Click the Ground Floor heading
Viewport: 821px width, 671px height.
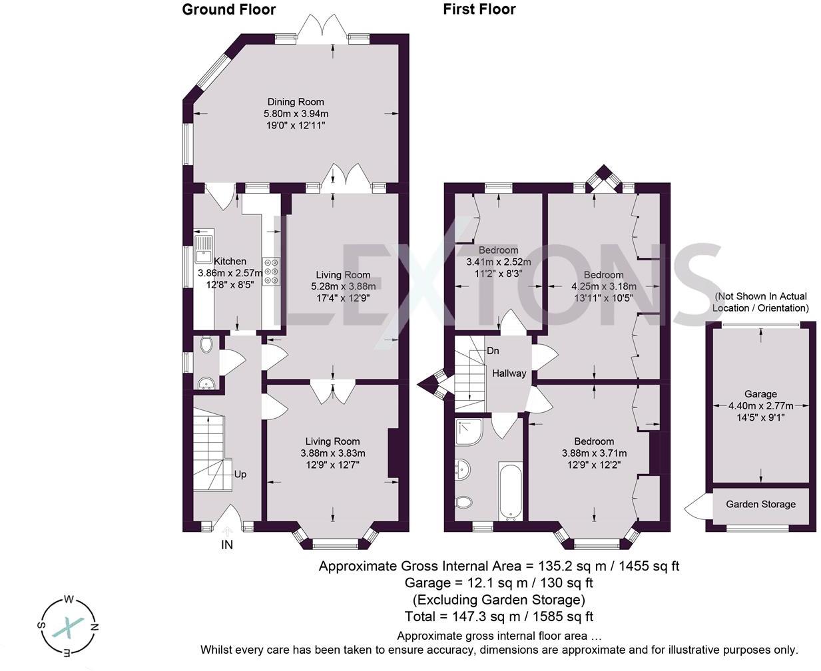229,9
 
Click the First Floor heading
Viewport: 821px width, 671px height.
479,9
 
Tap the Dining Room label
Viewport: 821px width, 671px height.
296,102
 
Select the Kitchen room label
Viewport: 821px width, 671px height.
230,261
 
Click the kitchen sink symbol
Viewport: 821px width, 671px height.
204,249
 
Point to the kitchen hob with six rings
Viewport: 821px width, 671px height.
271,271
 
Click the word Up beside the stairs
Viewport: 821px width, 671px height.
240,475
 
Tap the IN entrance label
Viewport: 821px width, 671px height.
227,545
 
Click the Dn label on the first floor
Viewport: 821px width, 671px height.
493,351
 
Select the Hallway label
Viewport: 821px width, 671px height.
509,373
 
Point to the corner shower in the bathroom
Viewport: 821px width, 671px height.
469,431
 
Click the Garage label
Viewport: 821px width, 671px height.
760,394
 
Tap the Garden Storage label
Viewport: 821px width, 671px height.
760,505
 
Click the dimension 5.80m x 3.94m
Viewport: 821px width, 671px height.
296,114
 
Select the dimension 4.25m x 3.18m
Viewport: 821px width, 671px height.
604,286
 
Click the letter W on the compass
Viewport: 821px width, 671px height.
69,599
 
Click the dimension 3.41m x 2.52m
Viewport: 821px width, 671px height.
498,262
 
